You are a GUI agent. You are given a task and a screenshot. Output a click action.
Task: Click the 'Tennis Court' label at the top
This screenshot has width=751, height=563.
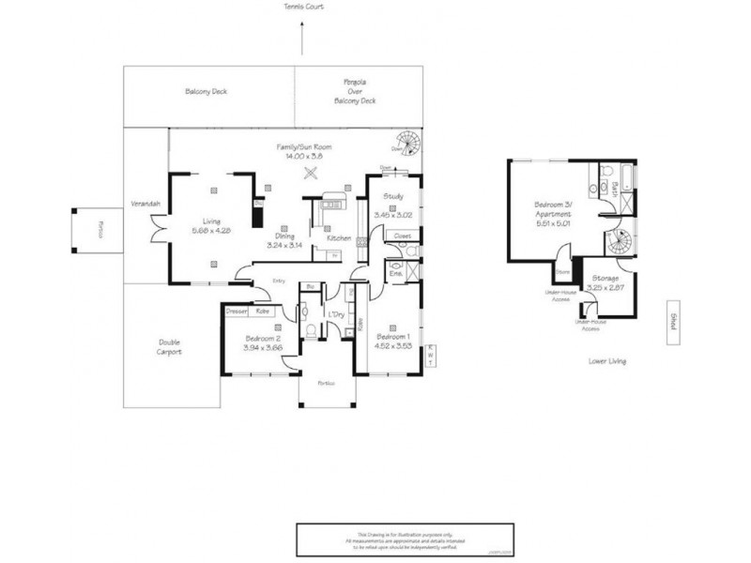303,7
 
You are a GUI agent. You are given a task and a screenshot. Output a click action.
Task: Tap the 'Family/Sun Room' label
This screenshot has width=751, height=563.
303,147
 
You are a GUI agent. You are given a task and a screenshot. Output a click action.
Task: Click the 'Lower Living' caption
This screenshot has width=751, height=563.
605,360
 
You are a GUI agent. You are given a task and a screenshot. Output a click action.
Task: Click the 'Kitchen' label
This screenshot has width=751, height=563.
339,237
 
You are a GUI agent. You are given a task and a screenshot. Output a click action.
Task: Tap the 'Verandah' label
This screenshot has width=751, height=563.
146,204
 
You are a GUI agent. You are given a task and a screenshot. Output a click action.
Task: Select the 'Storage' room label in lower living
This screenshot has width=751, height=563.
605,279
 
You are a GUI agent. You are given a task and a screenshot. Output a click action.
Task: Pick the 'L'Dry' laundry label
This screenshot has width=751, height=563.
334,313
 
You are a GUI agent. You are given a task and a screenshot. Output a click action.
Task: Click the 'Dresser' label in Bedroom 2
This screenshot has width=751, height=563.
237,310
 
